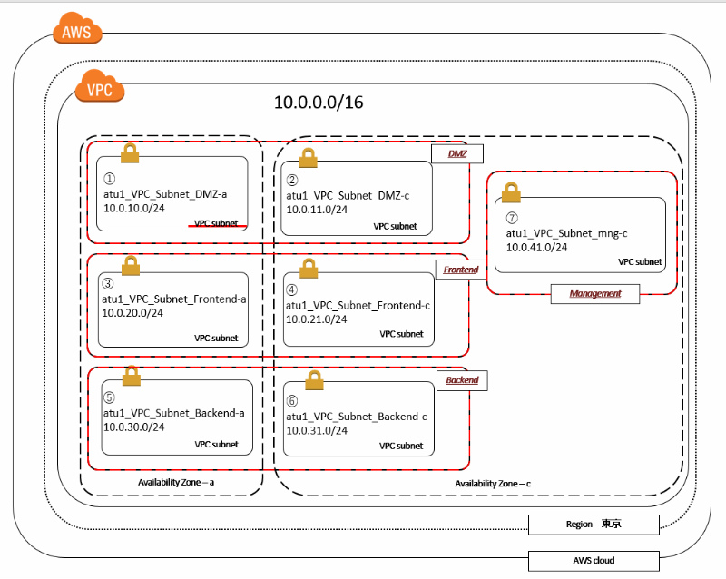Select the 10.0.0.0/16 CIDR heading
319,103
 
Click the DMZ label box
456,153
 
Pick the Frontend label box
461,270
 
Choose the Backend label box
462,379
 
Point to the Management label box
595,293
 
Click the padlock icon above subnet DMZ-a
130,152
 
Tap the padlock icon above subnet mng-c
512,191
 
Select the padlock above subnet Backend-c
314,379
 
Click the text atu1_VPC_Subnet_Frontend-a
174,298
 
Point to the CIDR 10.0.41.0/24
537,247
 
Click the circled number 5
109,397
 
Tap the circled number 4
292,290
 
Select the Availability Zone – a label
175,482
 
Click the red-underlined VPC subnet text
217,222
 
